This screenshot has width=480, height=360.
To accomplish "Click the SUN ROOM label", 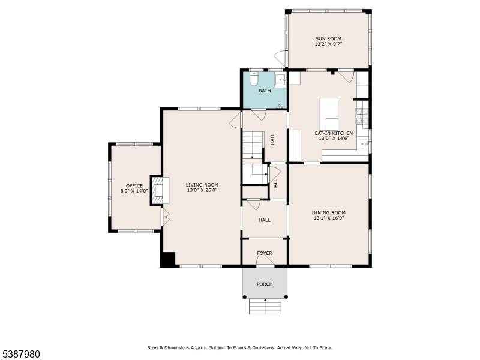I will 328,38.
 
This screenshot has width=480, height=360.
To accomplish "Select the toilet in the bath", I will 253,79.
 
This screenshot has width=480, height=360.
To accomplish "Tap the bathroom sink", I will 280,80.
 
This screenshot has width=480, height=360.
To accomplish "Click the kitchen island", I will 328,114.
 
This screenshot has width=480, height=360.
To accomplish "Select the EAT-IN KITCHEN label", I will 334,133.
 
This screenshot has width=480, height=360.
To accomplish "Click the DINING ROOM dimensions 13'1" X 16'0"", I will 329,218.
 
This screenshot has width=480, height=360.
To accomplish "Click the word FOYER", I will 265,253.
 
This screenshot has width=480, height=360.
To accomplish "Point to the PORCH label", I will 265,284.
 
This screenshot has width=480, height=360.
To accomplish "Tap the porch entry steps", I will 265,306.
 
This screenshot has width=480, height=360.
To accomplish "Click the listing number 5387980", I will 20,355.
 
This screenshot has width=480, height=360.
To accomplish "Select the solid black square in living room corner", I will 167,259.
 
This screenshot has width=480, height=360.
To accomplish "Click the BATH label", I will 265,91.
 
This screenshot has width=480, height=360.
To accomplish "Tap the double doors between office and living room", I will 166,217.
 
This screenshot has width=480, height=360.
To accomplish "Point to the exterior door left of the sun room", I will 280,59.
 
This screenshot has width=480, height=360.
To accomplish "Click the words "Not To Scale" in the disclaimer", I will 318,347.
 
